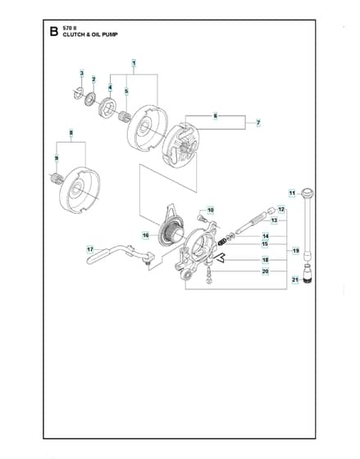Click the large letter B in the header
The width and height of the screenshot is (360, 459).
coord(54,31)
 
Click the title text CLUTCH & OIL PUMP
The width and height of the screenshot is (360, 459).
coord(90,34)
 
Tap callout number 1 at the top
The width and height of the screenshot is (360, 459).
coord(134,63)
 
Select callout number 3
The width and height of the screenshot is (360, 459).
coord(82,73)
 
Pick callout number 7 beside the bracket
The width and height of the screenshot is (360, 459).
coord(258,123)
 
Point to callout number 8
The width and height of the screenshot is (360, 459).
coord(71,133)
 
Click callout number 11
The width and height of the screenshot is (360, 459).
coord(292,193)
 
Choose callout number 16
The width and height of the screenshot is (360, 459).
coord(146,235)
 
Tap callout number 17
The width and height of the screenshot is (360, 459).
coord(90,250)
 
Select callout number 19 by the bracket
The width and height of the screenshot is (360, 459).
coord(296,251)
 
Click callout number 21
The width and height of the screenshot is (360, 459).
coord(295,280)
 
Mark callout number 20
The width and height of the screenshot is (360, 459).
coord(266,271)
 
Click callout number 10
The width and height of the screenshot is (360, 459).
coord(210,210)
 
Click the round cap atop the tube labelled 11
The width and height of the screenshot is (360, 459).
coord(308,193)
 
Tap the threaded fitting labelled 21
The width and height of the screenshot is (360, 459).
coord(308,274)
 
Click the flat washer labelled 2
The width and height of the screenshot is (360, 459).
coord(90,99)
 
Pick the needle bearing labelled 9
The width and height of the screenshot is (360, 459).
coord(56,179)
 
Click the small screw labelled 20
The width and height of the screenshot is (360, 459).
coord(209,275)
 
